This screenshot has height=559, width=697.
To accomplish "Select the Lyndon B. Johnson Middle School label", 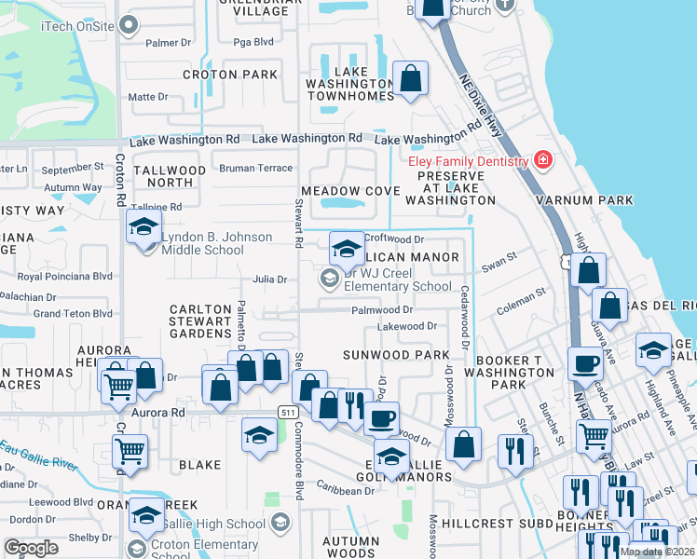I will [203, 243].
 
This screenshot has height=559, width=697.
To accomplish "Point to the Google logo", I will [31, 548].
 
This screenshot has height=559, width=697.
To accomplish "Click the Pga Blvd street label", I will [252, 42].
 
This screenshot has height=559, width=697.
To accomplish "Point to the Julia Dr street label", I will [269, 279].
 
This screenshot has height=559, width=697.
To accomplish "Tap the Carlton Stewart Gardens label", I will [199, 320].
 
